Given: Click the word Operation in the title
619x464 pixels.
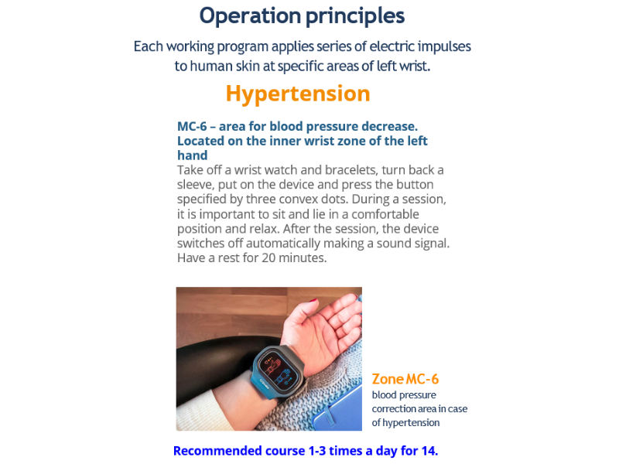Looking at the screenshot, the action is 250,16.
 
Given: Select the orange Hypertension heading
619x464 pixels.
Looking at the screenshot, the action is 298,94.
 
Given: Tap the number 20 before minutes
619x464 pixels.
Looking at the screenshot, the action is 268,258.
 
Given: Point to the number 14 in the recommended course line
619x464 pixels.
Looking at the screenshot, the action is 429,451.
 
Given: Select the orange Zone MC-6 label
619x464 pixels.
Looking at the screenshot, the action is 405,379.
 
